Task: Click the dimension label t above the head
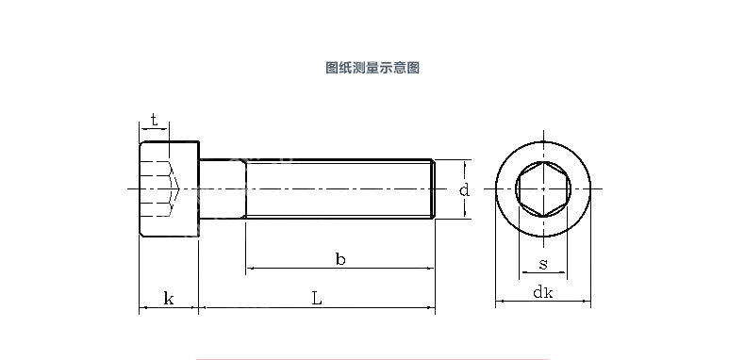coord(154,120)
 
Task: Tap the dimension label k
coord(169,299)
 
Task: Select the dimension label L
coord(317,298)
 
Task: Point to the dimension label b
coord(340,259)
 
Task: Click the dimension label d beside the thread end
coord(464,190)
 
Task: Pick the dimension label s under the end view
coord(543,264)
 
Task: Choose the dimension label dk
coord(543,292)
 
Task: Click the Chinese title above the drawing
coord(372,68)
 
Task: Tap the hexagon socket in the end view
coord(543,189)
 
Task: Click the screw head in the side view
coord(169,188)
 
